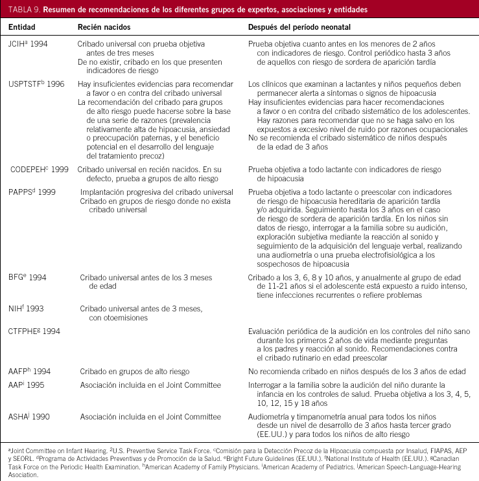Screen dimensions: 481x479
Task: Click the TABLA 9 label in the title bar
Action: [x=25, y=10]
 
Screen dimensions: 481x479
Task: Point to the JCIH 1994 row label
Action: [x=28, y=43]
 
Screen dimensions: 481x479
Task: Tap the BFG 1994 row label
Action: [x=27, y=277]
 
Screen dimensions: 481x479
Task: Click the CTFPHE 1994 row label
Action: [x=34, y=331]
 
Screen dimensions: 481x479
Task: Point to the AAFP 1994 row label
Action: [x=29, y=372]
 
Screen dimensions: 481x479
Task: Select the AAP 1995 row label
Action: [x=27, y=385]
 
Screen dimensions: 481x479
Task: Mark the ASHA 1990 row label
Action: [x=29, y=417]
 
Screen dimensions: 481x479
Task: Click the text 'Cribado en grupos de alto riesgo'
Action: [x=134, y=372]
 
